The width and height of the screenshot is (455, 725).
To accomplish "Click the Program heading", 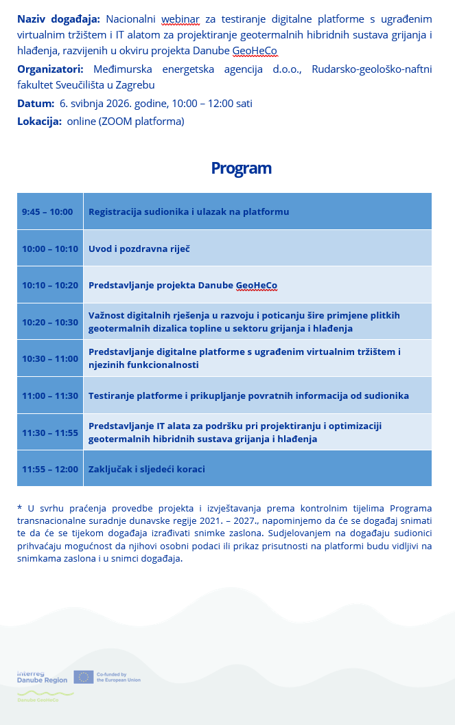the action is point(241,168).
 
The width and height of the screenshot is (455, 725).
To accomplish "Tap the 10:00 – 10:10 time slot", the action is point(50,249).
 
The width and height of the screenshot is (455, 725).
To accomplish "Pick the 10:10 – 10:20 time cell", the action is point(50,286).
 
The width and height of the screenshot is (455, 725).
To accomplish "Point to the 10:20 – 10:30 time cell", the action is point(50,322).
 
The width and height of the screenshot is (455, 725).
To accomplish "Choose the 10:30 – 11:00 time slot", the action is point(50,359).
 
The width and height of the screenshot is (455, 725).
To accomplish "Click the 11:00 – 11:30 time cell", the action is point(50,395).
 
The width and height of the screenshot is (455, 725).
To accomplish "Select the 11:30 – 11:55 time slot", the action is point(50,433).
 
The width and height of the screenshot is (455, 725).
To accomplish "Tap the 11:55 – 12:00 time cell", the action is point(50,470).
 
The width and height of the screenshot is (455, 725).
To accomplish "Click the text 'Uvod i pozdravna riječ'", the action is point(139,249).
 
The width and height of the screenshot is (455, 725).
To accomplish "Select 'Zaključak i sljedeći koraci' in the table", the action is point(147,470).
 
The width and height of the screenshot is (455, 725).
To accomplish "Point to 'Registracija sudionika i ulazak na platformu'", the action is point(189,211).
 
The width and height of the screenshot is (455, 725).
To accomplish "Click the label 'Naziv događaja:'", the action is point(58,19).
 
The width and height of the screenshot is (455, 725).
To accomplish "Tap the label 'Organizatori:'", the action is point(50,69).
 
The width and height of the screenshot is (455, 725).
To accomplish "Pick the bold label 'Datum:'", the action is point(36,104).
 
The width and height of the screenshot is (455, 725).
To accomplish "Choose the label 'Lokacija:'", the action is point(39,122).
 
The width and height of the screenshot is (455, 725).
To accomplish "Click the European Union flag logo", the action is point(83,678).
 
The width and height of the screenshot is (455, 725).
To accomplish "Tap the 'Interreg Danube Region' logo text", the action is point(42,677).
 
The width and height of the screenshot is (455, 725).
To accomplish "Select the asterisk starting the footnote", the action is point(19,508).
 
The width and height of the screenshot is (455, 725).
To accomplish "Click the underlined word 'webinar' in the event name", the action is point(180,19).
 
